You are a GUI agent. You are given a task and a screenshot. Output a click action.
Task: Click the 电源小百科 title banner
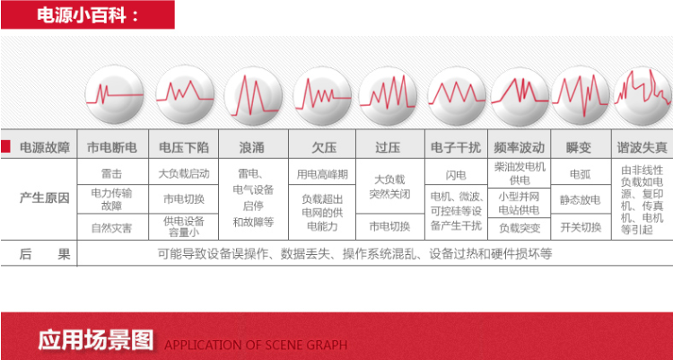click(88, 14)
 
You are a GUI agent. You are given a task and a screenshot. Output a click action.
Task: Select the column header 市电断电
click(112, 148)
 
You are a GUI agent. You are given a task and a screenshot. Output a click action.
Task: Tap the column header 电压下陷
click(184, 148)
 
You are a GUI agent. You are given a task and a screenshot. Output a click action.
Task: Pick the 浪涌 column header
click(252, 148)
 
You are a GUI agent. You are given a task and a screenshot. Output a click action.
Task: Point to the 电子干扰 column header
click(456, 148)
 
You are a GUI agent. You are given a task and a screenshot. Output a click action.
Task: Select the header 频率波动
click(519, 148)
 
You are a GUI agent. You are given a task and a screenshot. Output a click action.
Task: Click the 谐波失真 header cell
click(642, 148)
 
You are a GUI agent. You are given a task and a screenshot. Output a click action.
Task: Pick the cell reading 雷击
click(112, 173)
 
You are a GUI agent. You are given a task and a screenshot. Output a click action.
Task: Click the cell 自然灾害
click(111, 228)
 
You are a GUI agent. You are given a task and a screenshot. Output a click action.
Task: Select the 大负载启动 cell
click(184, 173)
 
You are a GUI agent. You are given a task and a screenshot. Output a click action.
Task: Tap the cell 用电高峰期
click(322, 174)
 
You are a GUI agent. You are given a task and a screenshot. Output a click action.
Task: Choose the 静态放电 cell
click(581, 200)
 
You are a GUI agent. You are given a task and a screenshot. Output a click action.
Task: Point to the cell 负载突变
click(520, 228)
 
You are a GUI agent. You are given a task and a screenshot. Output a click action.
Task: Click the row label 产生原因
click(45, 198)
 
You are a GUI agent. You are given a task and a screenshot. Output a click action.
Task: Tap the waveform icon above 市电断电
click(114, 94)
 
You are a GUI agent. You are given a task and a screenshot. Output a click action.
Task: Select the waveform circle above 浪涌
click(253, 96)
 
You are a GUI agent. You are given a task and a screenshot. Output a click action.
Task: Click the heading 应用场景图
click(96, 340)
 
